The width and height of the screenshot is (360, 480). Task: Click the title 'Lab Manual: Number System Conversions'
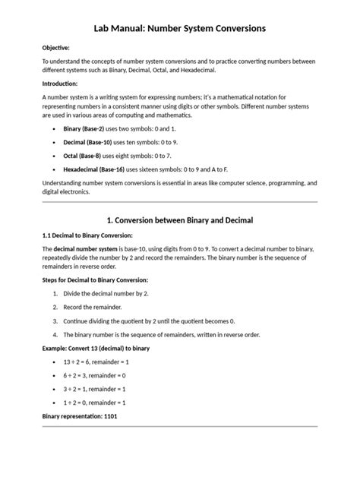click(x=179, y=28)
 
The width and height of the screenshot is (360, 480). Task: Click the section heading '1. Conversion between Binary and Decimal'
click(x=180, y=220)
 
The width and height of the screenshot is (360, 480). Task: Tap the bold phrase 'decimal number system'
click(x=84, y=249)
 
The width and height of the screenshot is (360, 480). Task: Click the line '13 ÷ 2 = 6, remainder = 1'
click(x=97, y=362)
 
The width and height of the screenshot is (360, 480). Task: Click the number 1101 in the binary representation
click(x=109, y=417)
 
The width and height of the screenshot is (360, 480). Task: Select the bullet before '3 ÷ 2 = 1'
click(x=55, y=389)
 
